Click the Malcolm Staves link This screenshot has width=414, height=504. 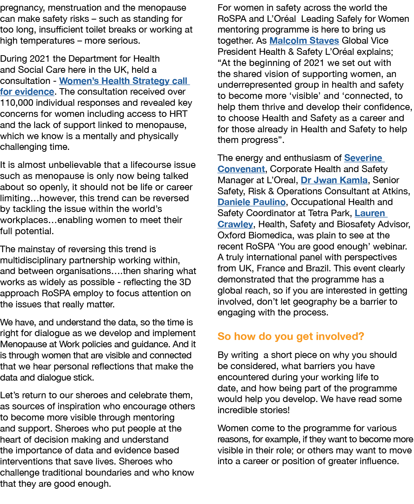304,41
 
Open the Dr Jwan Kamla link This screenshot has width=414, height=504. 334,180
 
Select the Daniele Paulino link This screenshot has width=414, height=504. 252,202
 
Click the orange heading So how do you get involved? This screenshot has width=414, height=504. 291,337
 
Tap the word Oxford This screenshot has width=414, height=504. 232,235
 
